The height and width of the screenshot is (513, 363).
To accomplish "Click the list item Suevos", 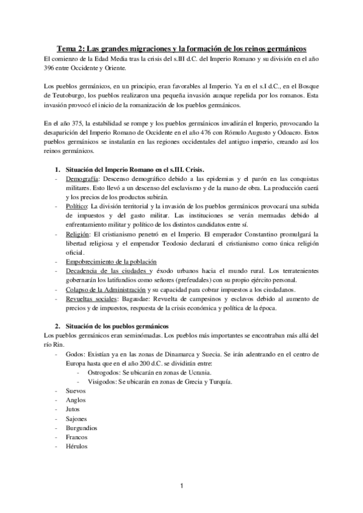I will pyautogui.click(x=76, y=391).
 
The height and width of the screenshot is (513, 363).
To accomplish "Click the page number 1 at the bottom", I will pyautogui.click(x=181, y=486).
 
